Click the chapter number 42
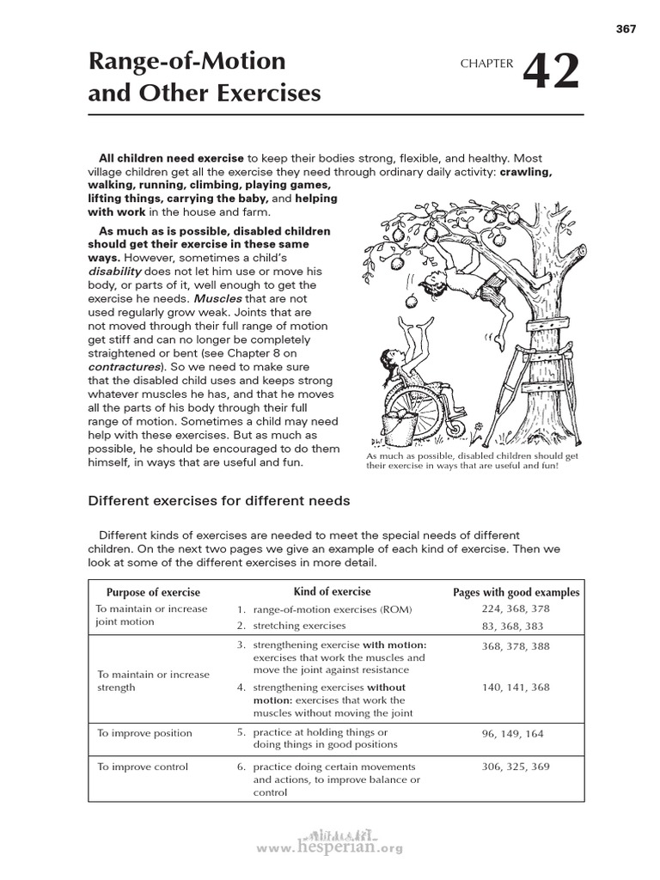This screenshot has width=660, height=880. pos(551,73)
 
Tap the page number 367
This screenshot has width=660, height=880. pos(626,29)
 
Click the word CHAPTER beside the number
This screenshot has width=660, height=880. pos(486,63)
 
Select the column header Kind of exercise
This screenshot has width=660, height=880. pos(332,591)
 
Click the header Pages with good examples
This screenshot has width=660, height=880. pos(516,592)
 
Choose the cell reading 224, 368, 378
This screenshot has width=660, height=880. pos(516,609)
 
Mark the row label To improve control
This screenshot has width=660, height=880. pos(142,767)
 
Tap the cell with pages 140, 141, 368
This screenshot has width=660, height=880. pos(516,687)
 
